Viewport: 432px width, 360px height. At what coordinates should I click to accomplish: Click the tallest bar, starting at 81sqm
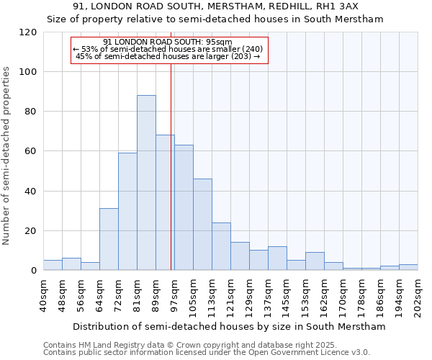(146, 183)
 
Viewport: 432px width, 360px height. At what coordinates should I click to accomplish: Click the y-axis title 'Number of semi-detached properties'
(6, 156)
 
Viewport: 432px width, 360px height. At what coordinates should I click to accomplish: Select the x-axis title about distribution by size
(229, 326)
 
